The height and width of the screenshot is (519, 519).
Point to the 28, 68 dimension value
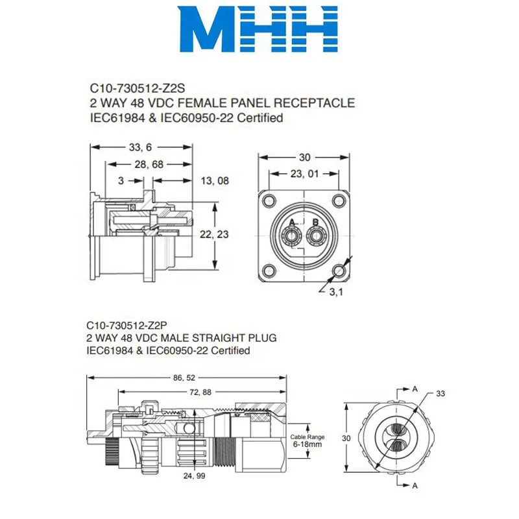[x=149, y=165]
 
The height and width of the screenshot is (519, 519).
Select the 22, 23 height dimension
[x=234, y=234]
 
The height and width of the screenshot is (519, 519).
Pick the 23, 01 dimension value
[x=304, y=173]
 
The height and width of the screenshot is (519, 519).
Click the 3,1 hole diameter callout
[x=336, y=293]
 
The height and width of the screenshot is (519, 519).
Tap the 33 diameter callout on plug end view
[x=440, y=393]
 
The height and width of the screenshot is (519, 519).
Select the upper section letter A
[x=415, y=389]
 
